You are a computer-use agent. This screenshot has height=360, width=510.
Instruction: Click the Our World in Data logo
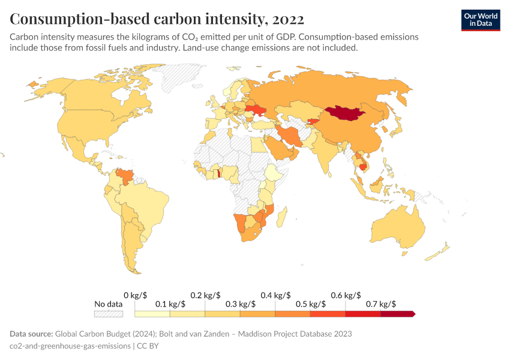click(x=480, y=20)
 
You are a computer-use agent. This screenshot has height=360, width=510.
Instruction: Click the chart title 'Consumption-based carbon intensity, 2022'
click(x=157, y=19)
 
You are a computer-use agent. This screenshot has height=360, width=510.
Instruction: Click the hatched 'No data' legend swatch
click(x=108, y=314)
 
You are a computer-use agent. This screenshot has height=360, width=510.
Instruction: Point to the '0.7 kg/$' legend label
click(x=380, y=304)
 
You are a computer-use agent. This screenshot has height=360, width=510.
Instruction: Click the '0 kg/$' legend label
click(x=135, y=295)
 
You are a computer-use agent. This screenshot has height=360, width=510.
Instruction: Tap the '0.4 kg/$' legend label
click(x=275, y=295)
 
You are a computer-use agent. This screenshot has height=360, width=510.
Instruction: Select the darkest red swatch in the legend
click(x=397, y=314)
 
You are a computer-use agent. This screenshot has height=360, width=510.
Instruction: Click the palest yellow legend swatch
click(x=152, y=314)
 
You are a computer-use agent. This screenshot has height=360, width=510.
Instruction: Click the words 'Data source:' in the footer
click(x=31, y=334)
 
